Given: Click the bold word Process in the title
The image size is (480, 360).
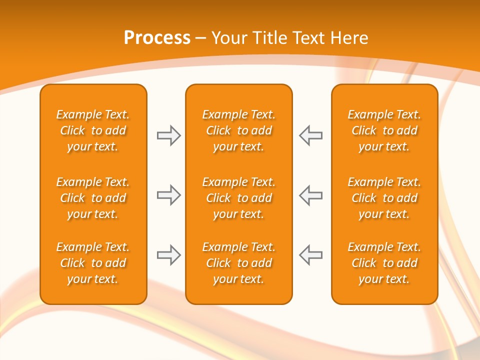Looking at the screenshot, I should pos(157,38).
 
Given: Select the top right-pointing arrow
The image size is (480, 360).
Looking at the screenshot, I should pos(168,135).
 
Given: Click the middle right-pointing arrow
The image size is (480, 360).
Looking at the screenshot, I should pos(168,195).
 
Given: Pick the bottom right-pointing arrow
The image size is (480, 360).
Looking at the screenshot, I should pos(168,255).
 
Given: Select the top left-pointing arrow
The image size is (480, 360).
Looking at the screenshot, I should pos(311,135).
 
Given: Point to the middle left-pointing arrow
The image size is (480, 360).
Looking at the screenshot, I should pos(311,195).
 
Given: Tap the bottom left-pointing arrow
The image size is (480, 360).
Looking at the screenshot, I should pos(311,255).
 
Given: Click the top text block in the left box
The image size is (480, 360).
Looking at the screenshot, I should pos(93,130).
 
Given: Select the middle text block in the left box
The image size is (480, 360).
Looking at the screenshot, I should pos(93,198).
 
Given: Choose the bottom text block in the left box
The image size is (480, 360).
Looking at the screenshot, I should pos(93,263).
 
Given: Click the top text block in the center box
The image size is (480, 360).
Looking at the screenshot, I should pos(238,130).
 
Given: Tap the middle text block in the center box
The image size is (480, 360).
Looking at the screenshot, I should pos(238,198).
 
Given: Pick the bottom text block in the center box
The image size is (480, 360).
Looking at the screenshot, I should pos(238,263).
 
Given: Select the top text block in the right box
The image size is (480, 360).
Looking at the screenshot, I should pos(384,130).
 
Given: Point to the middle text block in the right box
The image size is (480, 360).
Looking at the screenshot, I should pos(384,198).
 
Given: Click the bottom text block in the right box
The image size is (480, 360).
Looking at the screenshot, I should pos(384,263).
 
